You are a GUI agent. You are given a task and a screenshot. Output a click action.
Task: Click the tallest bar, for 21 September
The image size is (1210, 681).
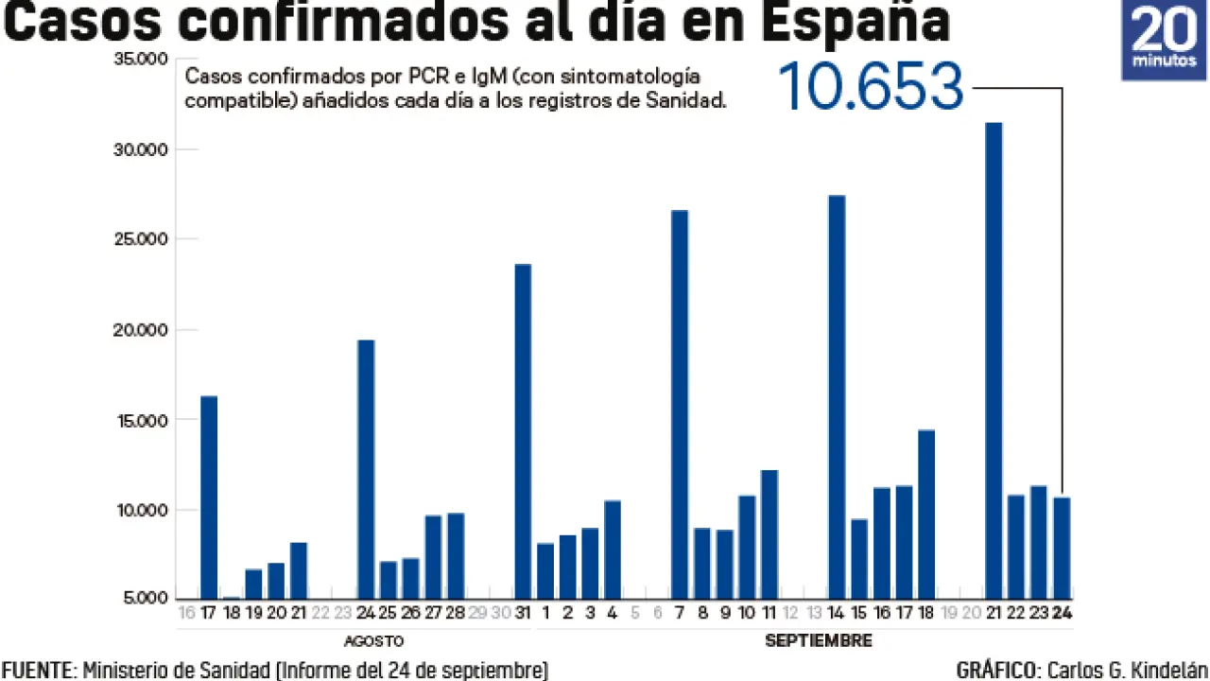click(x=994, y=359)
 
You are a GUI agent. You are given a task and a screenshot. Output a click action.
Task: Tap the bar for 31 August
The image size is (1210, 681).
click(x=523, y=430)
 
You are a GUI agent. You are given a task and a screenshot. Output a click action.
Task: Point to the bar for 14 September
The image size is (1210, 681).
click(x=837, y=396)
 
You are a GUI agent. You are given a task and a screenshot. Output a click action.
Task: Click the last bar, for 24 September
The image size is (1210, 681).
click(x=1062, y=548)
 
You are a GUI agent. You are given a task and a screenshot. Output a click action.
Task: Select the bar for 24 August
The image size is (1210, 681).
click(x=366, y=468)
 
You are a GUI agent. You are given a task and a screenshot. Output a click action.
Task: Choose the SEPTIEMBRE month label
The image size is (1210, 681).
click(x=818, y=641)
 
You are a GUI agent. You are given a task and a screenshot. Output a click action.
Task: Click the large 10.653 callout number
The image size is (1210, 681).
click(x=870, y=87)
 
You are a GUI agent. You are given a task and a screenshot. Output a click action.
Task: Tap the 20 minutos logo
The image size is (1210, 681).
click(x=1164, y=40)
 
